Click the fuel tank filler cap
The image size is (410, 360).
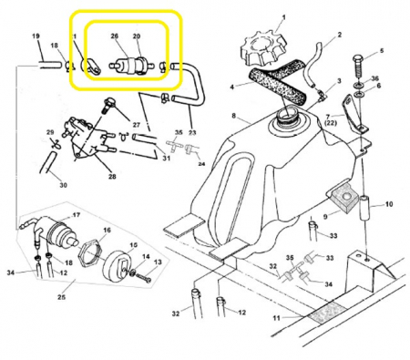pyautogui.click(x=263, y=49)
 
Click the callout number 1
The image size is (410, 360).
pyautogui.click(x=283, y=17)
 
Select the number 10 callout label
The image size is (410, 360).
pyautogui.click(x=389, y=204)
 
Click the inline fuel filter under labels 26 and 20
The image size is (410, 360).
pyautogui.click(x=132, y=66)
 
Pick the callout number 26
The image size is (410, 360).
pyautogui.click(x=114, y=36)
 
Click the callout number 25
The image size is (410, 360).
pyautogui.click(x=61, y=297)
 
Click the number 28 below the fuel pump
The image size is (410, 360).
pyautogui.click(x=112, y=176)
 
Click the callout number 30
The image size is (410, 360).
pyautogui.click(x=63, y=185)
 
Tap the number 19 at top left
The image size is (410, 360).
pyautogui.click(x=36, y=36)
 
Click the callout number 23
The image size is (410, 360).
pyautogui.click(x=192, y=132)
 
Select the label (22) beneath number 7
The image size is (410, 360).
pyautogui.click(x=331, y=124)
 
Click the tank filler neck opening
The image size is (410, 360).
pyautogui.click(x=287, y=116)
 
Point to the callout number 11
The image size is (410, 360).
pyautogui.click(x=276, y=318)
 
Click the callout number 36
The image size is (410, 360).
pyautogui.click(x=375, y=78)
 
